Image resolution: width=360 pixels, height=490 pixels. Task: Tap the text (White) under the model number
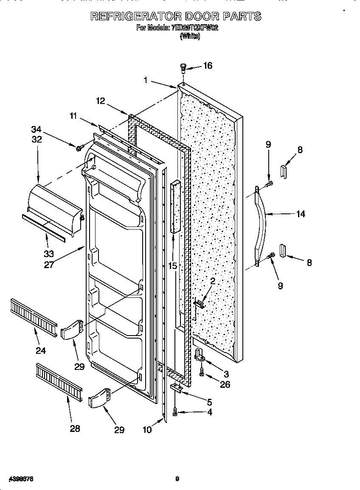(190, 36)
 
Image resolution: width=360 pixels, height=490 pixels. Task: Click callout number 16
(208, 65)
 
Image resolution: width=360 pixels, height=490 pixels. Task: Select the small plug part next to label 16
(183, 67)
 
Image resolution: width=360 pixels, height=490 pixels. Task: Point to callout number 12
(100, 101)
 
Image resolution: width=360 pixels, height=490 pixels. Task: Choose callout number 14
(300, 214)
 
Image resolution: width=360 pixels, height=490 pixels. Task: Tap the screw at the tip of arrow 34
(79, 147)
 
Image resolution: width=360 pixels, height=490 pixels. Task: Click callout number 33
(49, 254)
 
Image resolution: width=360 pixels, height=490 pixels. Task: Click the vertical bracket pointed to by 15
(175, 207)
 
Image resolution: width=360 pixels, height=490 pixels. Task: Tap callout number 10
(147, 429)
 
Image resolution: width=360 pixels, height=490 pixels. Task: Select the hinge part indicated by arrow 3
(199, 355)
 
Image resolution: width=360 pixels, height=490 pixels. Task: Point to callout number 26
(225, 384)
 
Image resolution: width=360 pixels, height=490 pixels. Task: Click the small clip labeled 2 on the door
(199, 302)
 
